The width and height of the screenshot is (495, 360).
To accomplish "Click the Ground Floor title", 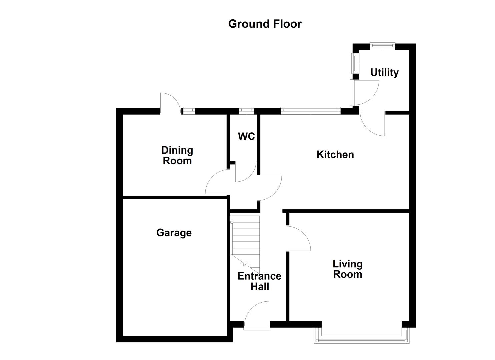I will pyautogui.click(x=265, y=24).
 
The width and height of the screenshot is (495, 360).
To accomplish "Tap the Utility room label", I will pyautogui.click(x=384, y=72).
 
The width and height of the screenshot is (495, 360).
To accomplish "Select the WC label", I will pyautogui.click(x=246, y=136).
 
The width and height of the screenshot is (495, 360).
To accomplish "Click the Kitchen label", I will pyautogui.click(x=335, y=154).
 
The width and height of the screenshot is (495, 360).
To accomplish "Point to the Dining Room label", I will pyautogui.click(x=177, y=155).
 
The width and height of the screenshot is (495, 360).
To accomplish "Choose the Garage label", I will pyautogui.click(x=174, y=232).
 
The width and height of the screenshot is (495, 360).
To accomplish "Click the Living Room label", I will pyautogui.click(x=347, y=269).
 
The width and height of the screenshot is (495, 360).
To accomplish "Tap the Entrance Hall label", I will pyautogui.click(x=259, y=281).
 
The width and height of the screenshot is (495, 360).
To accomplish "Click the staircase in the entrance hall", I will pyautogui.click(x=245, y=240).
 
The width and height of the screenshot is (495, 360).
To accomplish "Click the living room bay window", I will pyautogui.click(x=361, y=338).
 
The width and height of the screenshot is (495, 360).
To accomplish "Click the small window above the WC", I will pyautogui.click(x=246, y=110).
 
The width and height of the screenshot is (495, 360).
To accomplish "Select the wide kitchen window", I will pyautogui.click(x=310, y=110).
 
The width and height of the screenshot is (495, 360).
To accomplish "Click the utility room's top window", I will pyautogui.click(x=382, y=46).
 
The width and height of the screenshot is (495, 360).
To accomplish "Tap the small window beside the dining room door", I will pyautogui.click(x=189, y=110).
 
